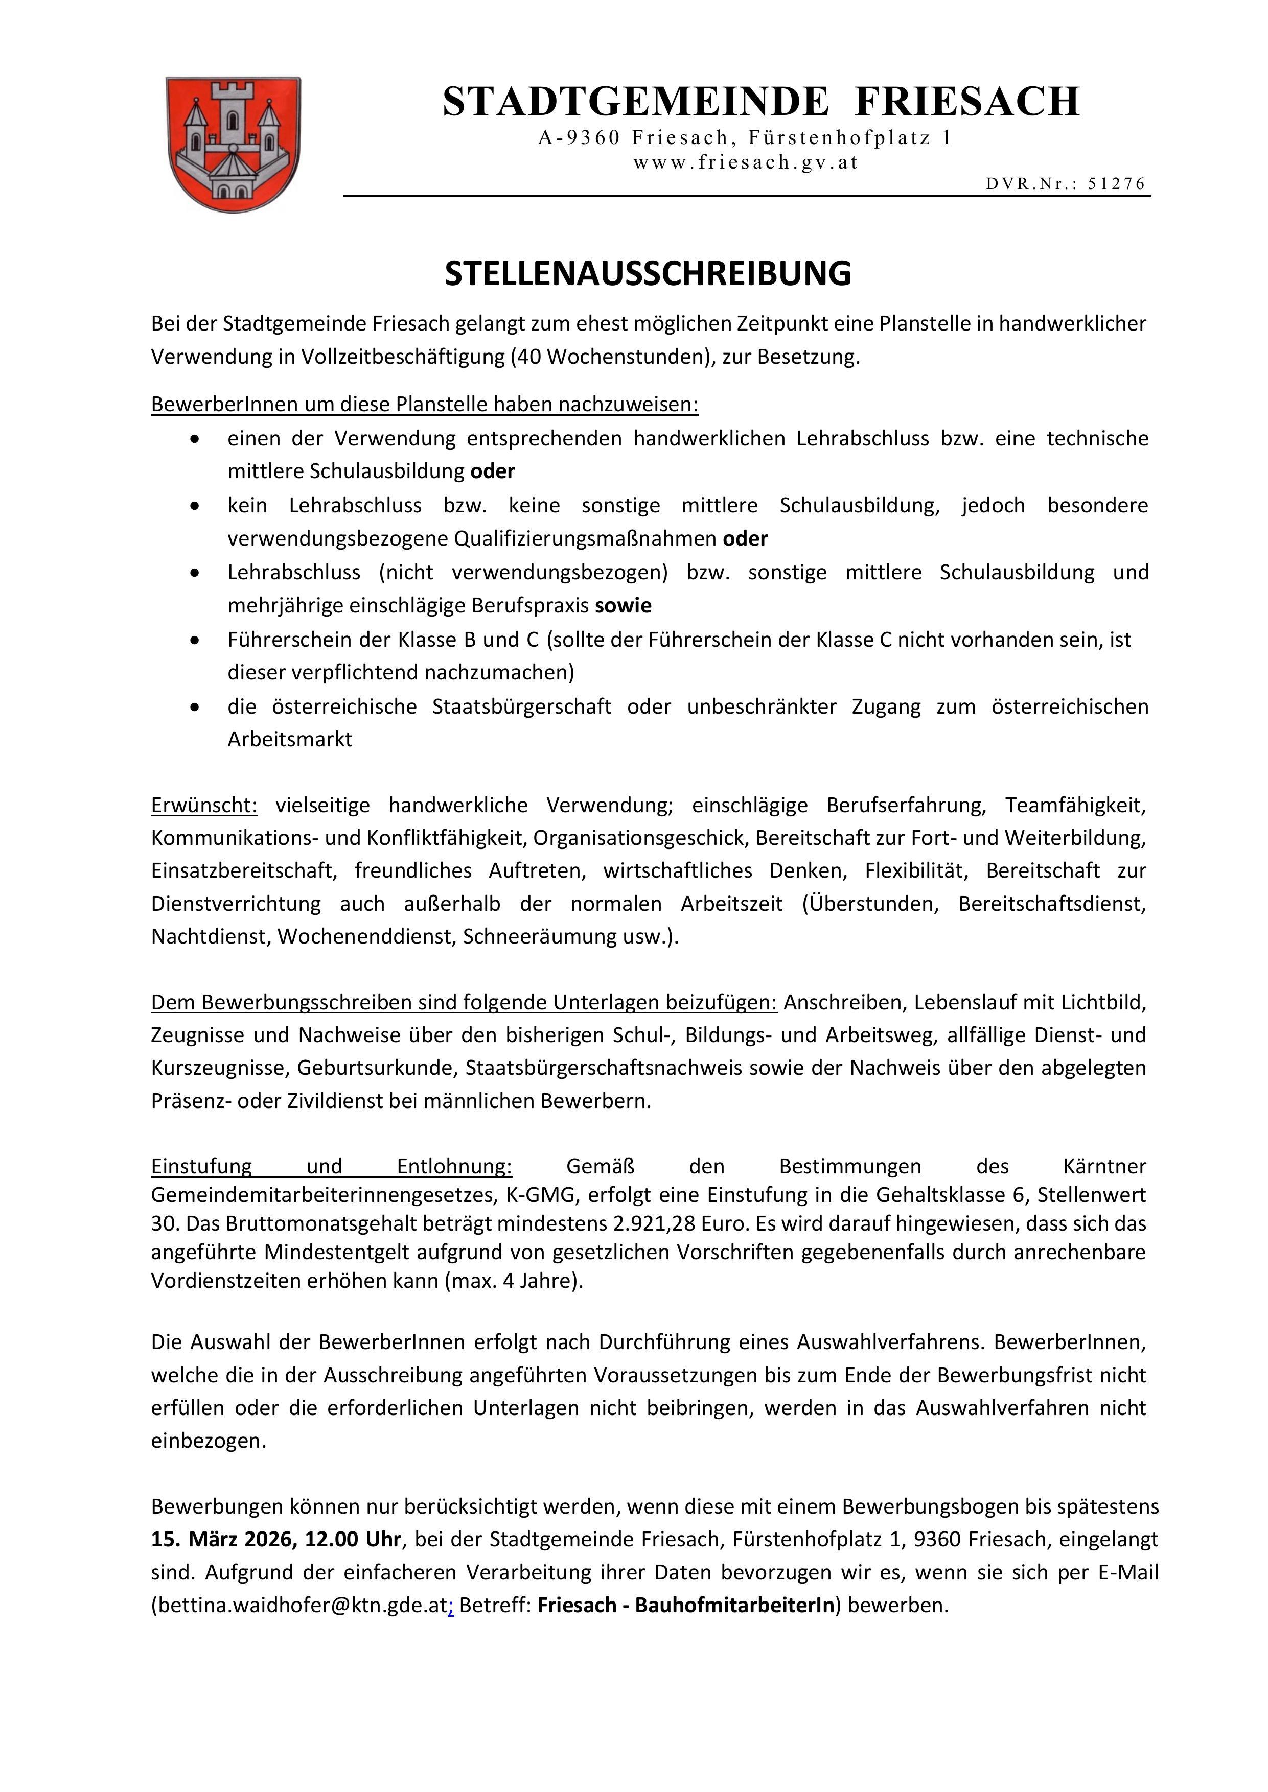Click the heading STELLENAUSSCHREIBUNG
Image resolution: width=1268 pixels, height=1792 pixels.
pos(647,273)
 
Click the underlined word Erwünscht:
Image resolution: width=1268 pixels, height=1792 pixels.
pos(204,805)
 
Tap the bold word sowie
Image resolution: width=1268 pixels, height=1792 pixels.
pos(623,606)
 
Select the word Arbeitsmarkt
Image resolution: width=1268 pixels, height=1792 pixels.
pos(290,739)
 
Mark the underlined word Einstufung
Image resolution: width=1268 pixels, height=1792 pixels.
pos(201,1166)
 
